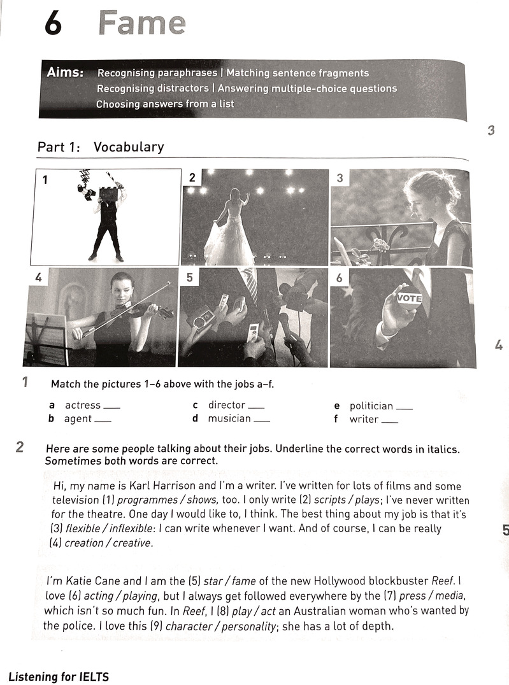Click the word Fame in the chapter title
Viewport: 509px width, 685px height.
coord(142,23)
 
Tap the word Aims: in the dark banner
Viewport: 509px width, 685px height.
coord(65,73)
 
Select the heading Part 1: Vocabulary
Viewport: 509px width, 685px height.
coord(101,147)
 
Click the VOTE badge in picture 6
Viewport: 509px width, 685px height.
coord(409,298)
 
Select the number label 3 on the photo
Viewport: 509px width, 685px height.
coord(340,178)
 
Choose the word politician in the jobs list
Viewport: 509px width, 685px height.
coord(371,406)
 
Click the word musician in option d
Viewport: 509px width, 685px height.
coord(229,418)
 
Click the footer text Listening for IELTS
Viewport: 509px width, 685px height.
coord(59,675)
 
